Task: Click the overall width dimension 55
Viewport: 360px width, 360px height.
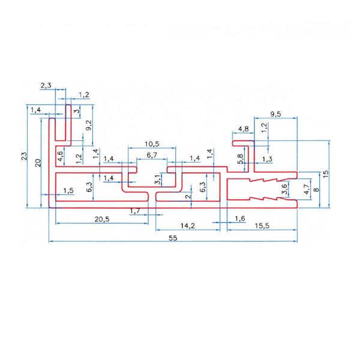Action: click(x=173, y=238)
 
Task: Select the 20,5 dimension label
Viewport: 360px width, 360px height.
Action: click(x=102, y=219)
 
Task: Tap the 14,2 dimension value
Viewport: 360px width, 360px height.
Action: click(x=188, y=226)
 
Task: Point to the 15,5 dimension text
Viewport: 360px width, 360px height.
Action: click(x=262, y=226)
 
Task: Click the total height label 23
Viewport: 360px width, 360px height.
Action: click(x=24, y=156)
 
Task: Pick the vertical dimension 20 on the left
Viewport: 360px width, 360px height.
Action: click(x=38, y=163)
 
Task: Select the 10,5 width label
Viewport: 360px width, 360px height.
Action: click(x=152, y=144)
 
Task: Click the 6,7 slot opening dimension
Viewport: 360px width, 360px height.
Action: click(x=152, y=155)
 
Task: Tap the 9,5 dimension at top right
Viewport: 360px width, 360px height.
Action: click(x=275, y=114)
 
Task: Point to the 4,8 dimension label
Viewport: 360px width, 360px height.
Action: click(x=243, y=129)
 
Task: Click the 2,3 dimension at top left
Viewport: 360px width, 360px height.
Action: click(x=46, y=86)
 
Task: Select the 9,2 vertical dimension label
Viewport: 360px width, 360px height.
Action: click(x=89, y=125)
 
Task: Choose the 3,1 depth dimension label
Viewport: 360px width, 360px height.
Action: click(x=157, y=179)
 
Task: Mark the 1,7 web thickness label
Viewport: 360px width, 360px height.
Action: click(x=135, y=211)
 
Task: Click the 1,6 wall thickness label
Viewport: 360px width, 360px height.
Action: click(x=240, y=218)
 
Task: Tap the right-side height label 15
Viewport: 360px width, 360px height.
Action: click(x=325, y=173)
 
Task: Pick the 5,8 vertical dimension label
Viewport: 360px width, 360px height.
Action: click(x=241, y=159)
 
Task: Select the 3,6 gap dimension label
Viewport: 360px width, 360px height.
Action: click(x=284, y=189)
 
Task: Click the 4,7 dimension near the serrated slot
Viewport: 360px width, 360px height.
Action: click(x=307, y=190)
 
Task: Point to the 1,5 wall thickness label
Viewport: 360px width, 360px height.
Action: click(x=68, y=190)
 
